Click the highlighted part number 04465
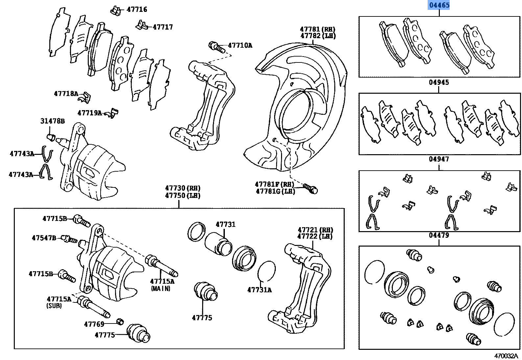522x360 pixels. (x=439, y=5)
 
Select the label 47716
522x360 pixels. (x=137, y=10)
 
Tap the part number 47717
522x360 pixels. (x=163, y=27)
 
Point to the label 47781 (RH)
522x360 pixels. (x=318, y=29)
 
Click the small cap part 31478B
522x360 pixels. (x=51, y=136)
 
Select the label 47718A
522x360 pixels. (x=66, y=94)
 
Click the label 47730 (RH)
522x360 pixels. (x=183, y=188)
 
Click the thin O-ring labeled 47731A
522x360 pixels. (x=266, y=271)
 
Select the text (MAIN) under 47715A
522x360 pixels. (x=161, y=289)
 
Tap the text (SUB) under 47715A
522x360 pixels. (x=54, y=306)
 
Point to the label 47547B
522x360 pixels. (x=44, y=238)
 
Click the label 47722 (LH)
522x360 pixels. (x=315, y=237)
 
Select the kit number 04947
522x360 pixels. (x=439, y=159)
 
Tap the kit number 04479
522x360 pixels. (x=439, y=235)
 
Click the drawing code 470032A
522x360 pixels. (x=506, y=356)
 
